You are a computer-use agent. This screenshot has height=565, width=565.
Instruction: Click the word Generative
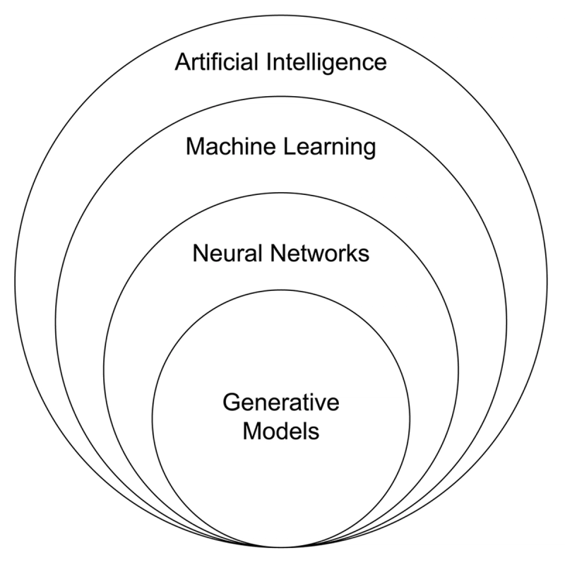[x=281, y=404]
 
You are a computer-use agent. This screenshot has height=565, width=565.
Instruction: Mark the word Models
[x=281, y=431]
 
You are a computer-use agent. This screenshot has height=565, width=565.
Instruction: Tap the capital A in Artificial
[x=182, y=63]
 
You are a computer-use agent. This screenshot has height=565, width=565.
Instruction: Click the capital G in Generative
[x=232, y=404]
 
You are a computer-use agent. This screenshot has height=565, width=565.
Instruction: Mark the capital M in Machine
[x=194, y=148]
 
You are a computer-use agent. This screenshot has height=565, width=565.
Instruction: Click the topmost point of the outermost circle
[x=281, y=16]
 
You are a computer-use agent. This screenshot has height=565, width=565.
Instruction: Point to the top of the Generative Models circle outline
[x=281, y=290]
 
